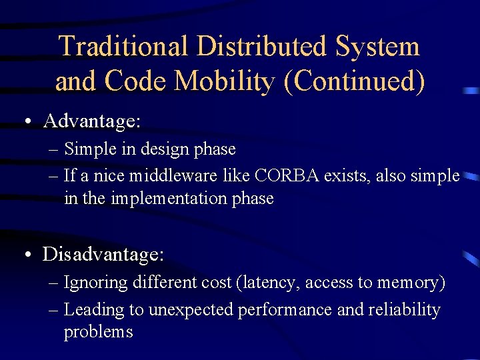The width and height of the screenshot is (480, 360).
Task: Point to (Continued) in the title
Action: tap(354, 81)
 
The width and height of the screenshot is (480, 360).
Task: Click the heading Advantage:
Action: tap(92, 121)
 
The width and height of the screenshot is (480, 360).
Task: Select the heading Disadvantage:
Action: tap(103, 254)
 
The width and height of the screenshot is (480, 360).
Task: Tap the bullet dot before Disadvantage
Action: tap(25, 255)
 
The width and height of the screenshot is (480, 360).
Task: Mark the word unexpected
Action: tap(191, 310)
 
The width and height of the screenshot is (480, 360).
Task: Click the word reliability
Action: tap(406, 310)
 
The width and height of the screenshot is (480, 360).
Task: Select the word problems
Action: tap(99, 332)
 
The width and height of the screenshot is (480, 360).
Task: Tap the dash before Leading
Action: tap(54, 310)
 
